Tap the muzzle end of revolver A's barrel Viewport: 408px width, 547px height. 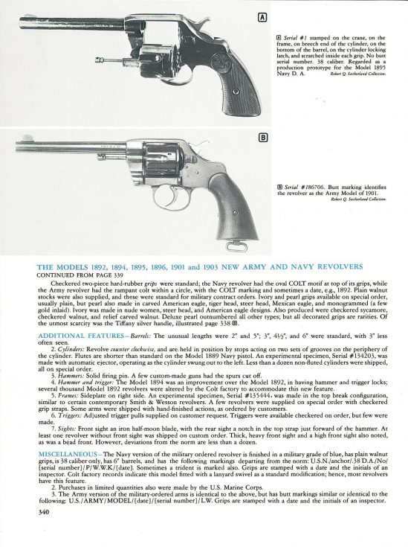(25, 21)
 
